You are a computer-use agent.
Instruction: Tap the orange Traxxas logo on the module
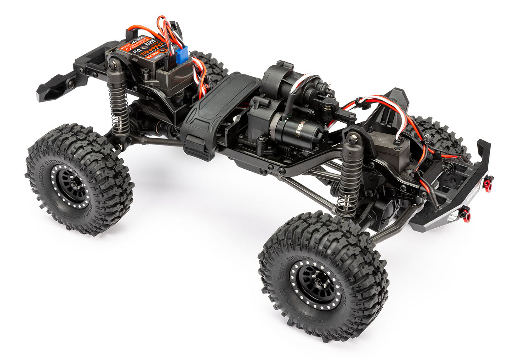[x=154, y=52]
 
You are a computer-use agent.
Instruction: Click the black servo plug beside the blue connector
[x=169, y=63]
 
